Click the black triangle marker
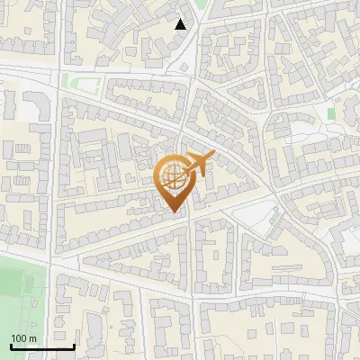(181, 24)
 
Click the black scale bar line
(42, 346)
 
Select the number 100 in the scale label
(19, 338)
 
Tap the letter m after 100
(32, 338)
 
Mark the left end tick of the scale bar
(12, 345)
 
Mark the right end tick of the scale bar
(73, 345)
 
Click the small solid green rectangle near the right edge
(331, 114)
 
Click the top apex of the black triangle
(181, 19)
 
